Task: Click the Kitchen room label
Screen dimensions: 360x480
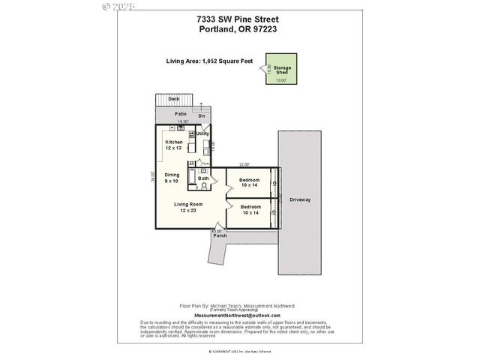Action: point(174,142)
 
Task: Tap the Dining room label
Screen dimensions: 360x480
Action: point(172,175)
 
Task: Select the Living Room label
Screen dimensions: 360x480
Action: point(188,204)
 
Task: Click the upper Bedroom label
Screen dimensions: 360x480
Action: point(250,180)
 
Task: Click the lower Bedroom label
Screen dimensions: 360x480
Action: point(250,207)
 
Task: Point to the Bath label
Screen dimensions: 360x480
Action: point(203,178)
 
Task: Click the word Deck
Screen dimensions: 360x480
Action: point(173,98)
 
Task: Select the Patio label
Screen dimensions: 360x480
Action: point(180,113)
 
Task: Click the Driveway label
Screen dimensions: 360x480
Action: point(299,199)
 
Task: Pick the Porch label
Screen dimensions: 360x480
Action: point(220,235)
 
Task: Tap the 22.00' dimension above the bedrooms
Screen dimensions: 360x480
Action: point(244,164)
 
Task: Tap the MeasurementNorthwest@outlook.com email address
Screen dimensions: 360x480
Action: point(237,316)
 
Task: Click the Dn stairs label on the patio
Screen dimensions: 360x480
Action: point(201,116)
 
